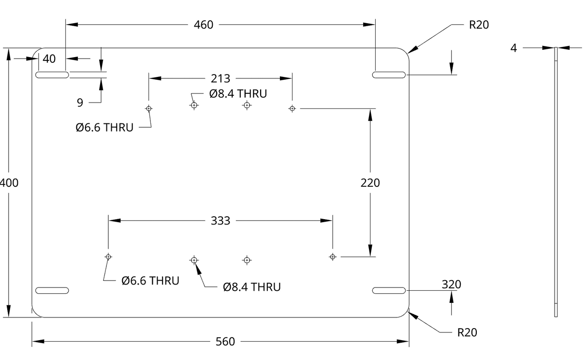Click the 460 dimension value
[x=204, y=25]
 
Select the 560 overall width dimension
[x=225, y=342]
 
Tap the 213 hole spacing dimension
[x=220, y=78]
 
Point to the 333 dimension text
[x=220, y=221]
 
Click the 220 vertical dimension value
[x=370, y=183]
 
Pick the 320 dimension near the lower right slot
[x=451, y=285]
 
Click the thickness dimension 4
[x=514, y=48]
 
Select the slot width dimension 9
[x=80, y=102]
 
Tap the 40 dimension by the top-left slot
[x=49, y=59]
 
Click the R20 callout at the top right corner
[x=479, y=25]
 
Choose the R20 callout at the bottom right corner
[x=467, y=332]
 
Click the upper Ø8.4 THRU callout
[x=238, y=94]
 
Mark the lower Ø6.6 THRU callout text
[x=150, y=281]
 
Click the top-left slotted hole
[x=52, y=75]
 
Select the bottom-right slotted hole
[x=389, y=290]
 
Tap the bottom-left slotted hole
[x=52, y=290]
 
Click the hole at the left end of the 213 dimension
[x=148, y=108]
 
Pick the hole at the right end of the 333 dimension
[x=332, y=256]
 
